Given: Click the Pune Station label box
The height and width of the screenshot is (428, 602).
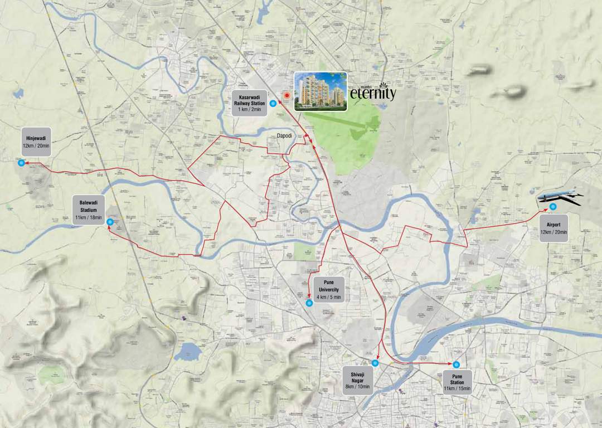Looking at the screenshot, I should point(457,382).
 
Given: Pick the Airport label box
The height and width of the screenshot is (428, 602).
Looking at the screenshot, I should point(553,228).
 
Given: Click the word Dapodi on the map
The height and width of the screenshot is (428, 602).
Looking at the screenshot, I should point(285,135).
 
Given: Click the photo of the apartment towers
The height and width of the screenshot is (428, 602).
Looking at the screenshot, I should point(321,91).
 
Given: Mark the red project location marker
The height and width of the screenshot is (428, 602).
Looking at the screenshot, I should point(287,96).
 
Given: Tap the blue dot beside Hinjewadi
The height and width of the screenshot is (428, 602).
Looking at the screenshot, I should point(21,163).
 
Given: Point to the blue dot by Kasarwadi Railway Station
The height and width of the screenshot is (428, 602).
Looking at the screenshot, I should point(273,104).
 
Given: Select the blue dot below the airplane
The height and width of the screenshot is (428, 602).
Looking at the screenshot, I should point(552,207).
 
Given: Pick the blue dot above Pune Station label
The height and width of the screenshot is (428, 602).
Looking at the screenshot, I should point(457,365).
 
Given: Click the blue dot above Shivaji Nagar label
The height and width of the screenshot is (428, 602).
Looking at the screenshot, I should point(375,363).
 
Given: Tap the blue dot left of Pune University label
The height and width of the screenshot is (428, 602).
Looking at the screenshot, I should point(309,303).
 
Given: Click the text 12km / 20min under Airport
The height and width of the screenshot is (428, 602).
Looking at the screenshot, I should point(553,232).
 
